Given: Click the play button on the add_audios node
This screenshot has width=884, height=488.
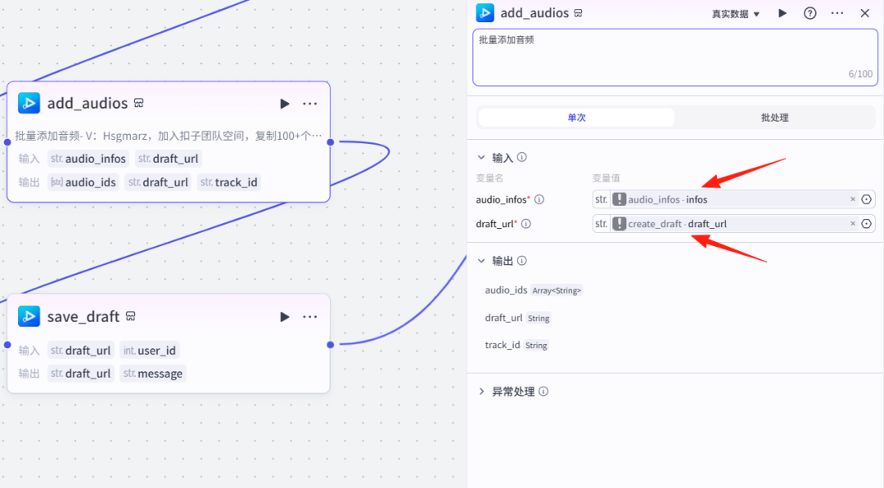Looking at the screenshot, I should click(x=285, y=104).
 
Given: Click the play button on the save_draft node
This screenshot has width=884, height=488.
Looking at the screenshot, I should click(x=285, y=317).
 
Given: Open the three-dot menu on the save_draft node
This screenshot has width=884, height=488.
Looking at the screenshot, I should click(x=310, y=317).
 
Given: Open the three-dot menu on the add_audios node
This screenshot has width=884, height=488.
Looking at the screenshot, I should click(x=310, y=104).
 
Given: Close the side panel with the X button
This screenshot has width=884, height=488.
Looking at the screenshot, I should click(x=864, y=13).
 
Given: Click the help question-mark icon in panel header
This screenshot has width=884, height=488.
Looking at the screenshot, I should click(x=810, y=13).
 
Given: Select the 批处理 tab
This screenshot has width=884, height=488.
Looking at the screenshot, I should click(x=774, y=118).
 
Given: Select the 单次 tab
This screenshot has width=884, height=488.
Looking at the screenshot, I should click(x=576, y=118).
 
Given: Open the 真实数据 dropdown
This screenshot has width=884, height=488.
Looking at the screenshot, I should click(x=735, y=14).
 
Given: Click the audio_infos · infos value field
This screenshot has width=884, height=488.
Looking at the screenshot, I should click(x=728, y=199).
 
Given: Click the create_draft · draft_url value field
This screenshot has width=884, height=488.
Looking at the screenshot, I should click(x=728, y=224).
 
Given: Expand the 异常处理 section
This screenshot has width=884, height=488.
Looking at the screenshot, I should click(x=513, y=392).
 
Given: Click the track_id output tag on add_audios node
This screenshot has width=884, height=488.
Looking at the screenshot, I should click(x=229, y=182).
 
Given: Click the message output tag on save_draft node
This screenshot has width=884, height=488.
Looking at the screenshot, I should click(x=153, y=374).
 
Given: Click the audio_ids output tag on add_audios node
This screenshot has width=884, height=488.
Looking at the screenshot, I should click(x=83, y=182).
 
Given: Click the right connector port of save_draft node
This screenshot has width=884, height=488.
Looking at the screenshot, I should click(x=330, y=345).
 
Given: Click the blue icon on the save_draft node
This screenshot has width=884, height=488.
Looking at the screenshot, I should click(x=29, y=316).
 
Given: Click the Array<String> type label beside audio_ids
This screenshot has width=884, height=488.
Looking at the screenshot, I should click(x=557, y=290).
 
